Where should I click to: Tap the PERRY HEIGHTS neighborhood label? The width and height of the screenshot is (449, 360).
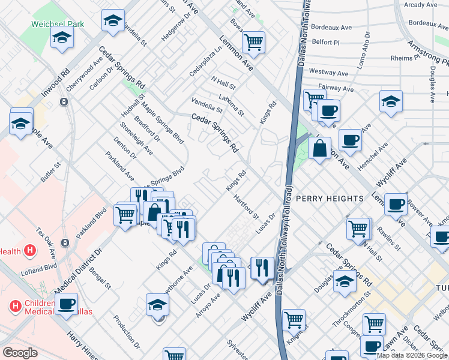pos(330,198)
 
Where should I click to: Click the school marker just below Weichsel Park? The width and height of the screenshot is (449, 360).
pos(61,40)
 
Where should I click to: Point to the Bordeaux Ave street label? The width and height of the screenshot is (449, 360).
pos(331,28)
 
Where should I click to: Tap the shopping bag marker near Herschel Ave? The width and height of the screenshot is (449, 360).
pos(320,147)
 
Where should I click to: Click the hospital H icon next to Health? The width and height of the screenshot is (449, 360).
pos(30,252)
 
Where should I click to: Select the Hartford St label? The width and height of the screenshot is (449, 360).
pos(246,206)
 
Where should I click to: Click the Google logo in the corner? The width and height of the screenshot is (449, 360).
pos(20,353)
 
